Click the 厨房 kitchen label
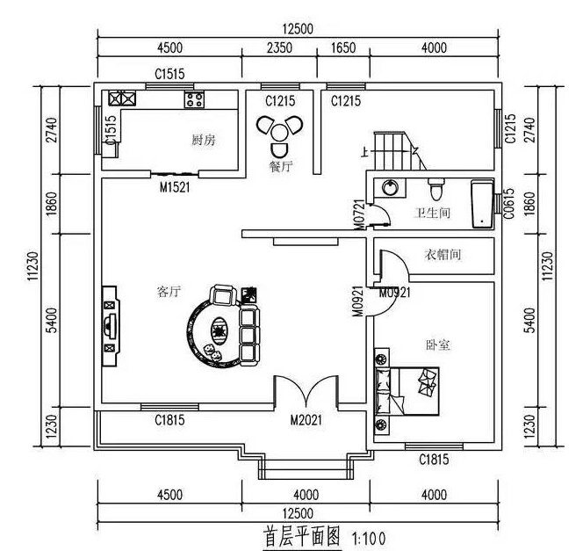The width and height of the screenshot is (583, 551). pos(204,140)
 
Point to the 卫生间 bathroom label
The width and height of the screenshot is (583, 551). pos(432,213)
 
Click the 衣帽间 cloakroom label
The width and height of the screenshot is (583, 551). pos(443,255)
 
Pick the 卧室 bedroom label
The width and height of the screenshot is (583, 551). pos(437,345)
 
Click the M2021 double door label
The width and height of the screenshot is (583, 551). pos(306,420)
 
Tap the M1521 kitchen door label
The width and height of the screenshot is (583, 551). pos(175,187)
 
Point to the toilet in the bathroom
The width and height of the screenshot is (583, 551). pos(435,189)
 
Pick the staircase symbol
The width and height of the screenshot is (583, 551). pos(392,152)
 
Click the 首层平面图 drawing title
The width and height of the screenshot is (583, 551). pos(301,534)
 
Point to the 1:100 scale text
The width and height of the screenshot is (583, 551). pos(368,535)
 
